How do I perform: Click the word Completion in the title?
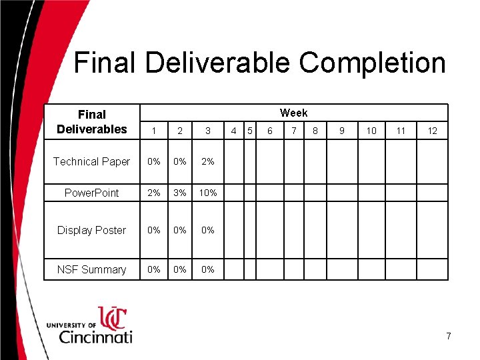click(372, 63)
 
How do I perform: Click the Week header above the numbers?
click(293, 113)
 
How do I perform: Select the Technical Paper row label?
click(91, 161)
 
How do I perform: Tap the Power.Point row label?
click(91, 193)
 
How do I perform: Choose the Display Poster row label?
click(91, 230)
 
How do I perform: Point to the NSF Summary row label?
click(91, 269)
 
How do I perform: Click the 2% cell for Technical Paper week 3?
click(208, 161)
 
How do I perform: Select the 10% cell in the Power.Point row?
click(208, 193)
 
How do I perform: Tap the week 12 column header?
click(432, 131)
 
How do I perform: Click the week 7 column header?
click(293, 131)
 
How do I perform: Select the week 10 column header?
click(371, 131)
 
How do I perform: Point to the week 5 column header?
click(249, 131)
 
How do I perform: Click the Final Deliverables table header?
click(91, 122)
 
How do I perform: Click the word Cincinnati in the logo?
click(95, 336)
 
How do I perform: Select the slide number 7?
click(449, 337)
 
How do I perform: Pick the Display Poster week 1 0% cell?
click(154, 230)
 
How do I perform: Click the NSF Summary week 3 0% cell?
click(208, 269)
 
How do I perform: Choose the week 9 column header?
click(341, 131)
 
